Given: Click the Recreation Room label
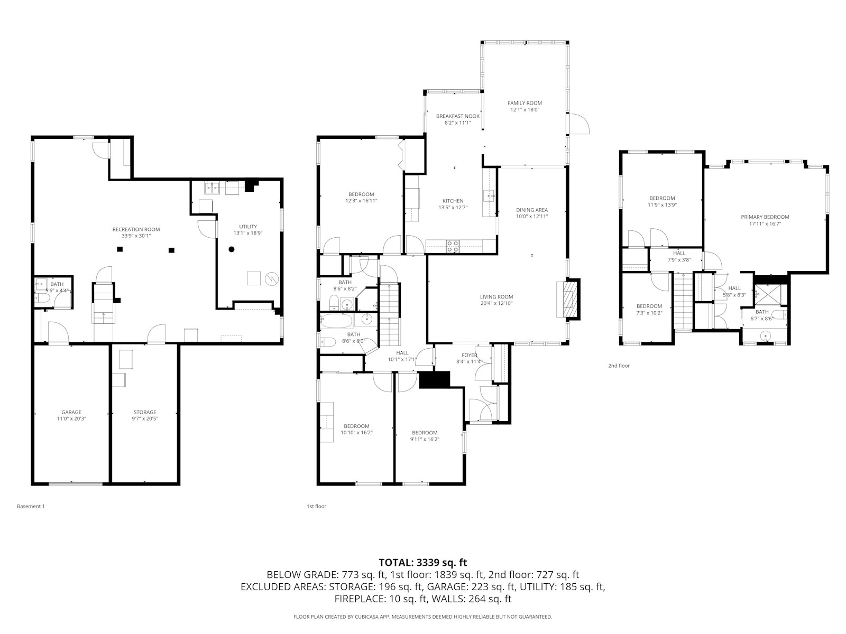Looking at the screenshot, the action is tap(136, 229).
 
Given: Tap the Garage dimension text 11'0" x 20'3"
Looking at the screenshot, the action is tap(71, 418).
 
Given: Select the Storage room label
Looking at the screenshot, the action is tap(145, 412).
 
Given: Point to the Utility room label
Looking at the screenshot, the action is tap(248, 227).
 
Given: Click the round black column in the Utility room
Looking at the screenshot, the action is tap(232, 249).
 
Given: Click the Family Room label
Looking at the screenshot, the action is tap(525, 103).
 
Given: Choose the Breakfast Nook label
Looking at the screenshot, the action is tap(458, 116).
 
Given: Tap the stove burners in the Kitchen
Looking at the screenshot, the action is tap(453, 246).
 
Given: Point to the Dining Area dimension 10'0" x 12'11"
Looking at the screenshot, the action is tap(532, 216).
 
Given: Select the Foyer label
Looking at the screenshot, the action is tap(469, 355).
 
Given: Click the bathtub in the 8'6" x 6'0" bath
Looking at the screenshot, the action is tap(336, 321).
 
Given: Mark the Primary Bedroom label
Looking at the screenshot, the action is tap(765, 217).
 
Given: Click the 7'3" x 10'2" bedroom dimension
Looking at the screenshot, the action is tap(649, 313).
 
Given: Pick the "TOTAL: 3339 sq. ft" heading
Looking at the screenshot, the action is tap(423, 562).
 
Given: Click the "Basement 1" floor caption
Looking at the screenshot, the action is tap(31, 506).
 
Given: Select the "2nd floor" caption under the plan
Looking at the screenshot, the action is tap(619, 366).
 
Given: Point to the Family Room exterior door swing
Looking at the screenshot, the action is tap(579, 124).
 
